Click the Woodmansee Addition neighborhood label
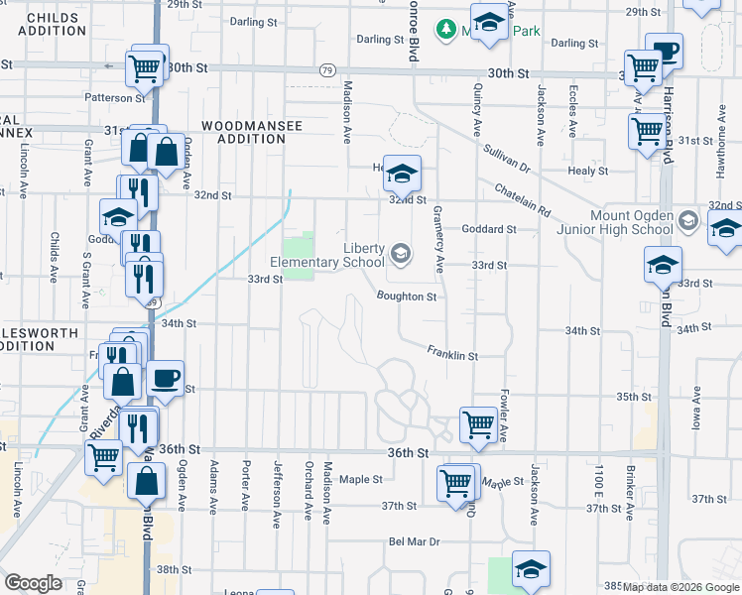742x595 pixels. point(243,132)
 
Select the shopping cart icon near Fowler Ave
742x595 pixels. point(479,424)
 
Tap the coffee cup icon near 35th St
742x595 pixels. point(166,378)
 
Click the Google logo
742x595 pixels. point(33,583)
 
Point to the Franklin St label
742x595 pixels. point(453,353)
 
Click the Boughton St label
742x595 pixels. point(407,296)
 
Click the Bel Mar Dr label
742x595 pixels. point(414,541)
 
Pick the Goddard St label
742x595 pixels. point(490,229)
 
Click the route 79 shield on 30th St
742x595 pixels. point(327,70)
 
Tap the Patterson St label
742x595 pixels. point(115,98)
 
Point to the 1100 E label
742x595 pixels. point(599,480)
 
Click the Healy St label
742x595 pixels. point(588,171)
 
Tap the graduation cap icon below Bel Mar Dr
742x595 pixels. point(531,569)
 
